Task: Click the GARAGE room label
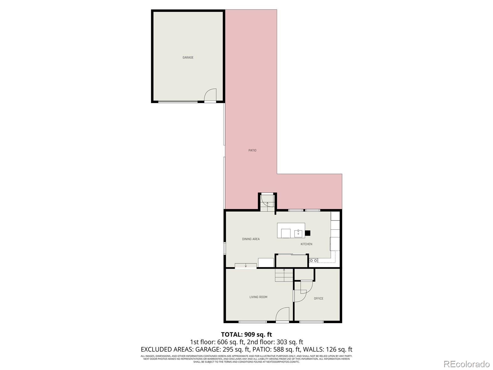click(x=188, y=58)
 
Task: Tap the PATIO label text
click(x=252, y=150)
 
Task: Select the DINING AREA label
click(x=251, y=239)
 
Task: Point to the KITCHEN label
click(x=306, y=244)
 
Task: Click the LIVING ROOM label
click(x=258, y=297)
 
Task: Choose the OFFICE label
click(x=319, y=298)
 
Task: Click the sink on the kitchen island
click(x=298, y=233)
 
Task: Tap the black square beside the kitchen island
click(x=308, y=233)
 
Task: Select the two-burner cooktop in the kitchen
click(x=314, y=261)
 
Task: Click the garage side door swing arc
click(x=210, y=94)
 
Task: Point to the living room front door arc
click(x=282, y=314)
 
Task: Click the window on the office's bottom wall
click(x=311, y=322)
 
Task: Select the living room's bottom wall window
click(x=253, y=322)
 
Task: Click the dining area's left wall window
click(x=225, y=248)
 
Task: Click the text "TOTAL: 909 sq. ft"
click(x=246, y=335)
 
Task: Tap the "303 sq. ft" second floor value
click(x=289, y=342)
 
